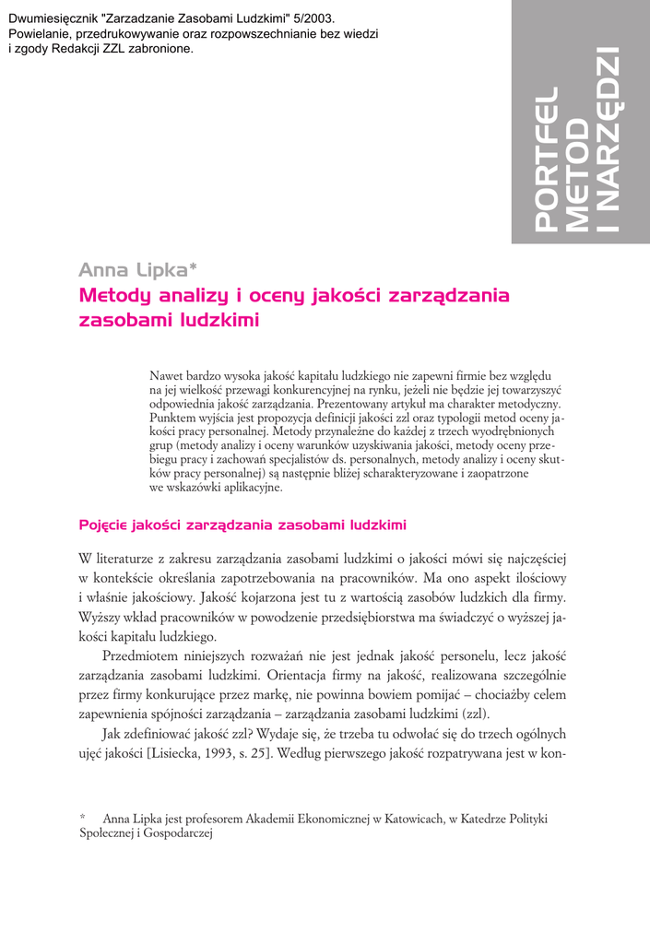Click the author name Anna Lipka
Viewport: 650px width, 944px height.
132,270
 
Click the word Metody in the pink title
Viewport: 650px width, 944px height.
112,296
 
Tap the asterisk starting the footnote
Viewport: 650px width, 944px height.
83,818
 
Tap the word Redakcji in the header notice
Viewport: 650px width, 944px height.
82,49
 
